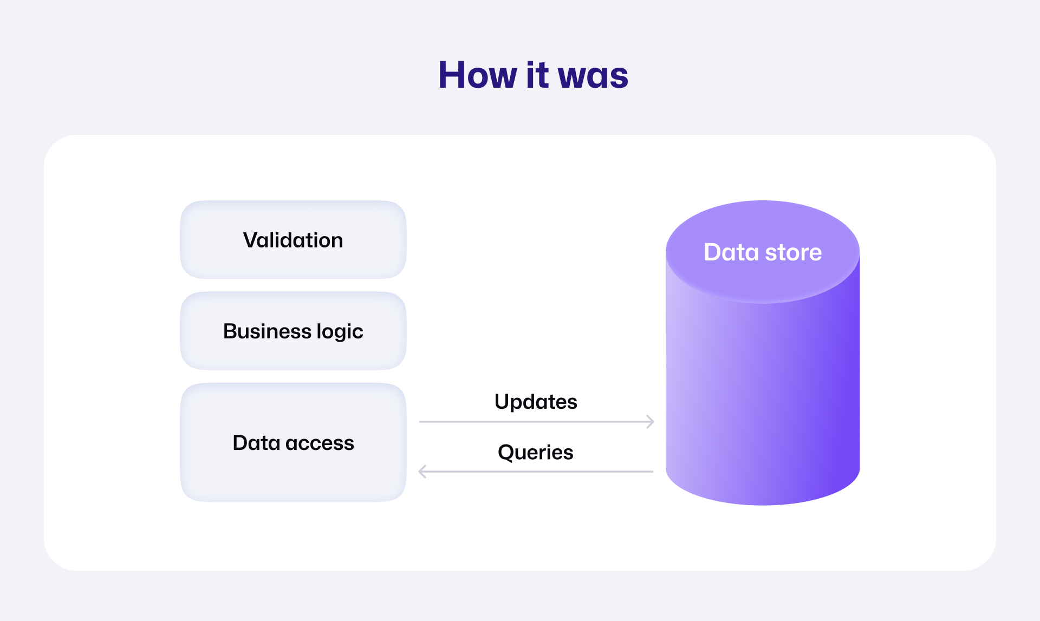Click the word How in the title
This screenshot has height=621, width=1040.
point(478,75)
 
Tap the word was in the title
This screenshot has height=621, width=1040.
point(593,76)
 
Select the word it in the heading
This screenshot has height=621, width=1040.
point(537,75)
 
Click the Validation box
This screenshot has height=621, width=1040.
point(293,240)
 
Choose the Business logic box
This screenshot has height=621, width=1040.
point(293,331)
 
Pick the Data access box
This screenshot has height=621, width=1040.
point(293,442)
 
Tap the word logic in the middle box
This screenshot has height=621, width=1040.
point(340,332)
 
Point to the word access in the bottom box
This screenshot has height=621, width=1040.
point(320,443)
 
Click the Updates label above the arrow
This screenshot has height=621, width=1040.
point(536,402)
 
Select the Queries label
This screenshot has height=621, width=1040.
point(536,453)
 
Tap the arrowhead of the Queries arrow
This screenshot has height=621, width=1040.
point(422,472)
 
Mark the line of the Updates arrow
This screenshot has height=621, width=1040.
point(537,422)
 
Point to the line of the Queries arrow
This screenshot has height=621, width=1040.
point(536,472)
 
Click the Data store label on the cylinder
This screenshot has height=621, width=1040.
point(763,252)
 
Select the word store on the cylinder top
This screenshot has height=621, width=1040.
point(794,253)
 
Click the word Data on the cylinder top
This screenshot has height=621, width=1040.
point(731,252)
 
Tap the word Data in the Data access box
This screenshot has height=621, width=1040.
point(256,442)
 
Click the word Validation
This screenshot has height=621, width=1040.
point(293,240)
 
